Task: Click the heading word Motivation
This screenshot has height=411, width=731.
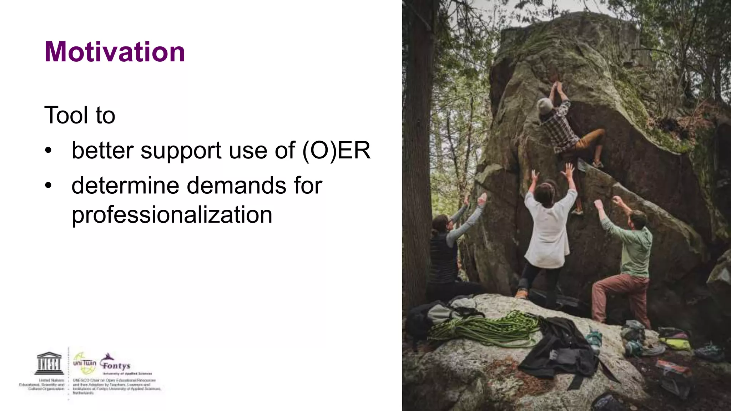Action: pos(115,52)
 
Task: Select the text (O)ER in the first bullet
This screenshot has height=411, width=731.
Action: pos(336,151)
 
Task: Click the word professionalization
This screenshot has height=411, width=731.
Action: pos(172,215)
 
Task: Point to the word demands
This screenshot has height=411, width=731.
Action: pos(236,186)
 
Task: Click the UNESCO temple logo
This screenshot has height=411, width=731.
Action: pos(49,363)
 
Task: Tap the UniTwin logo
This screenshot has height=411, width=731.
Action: pos(84,363)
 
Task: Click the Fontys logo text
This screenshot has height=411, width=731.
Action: pos(116,365)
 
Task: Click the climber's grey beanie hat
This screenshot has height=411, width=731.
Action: pos(545,106)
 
